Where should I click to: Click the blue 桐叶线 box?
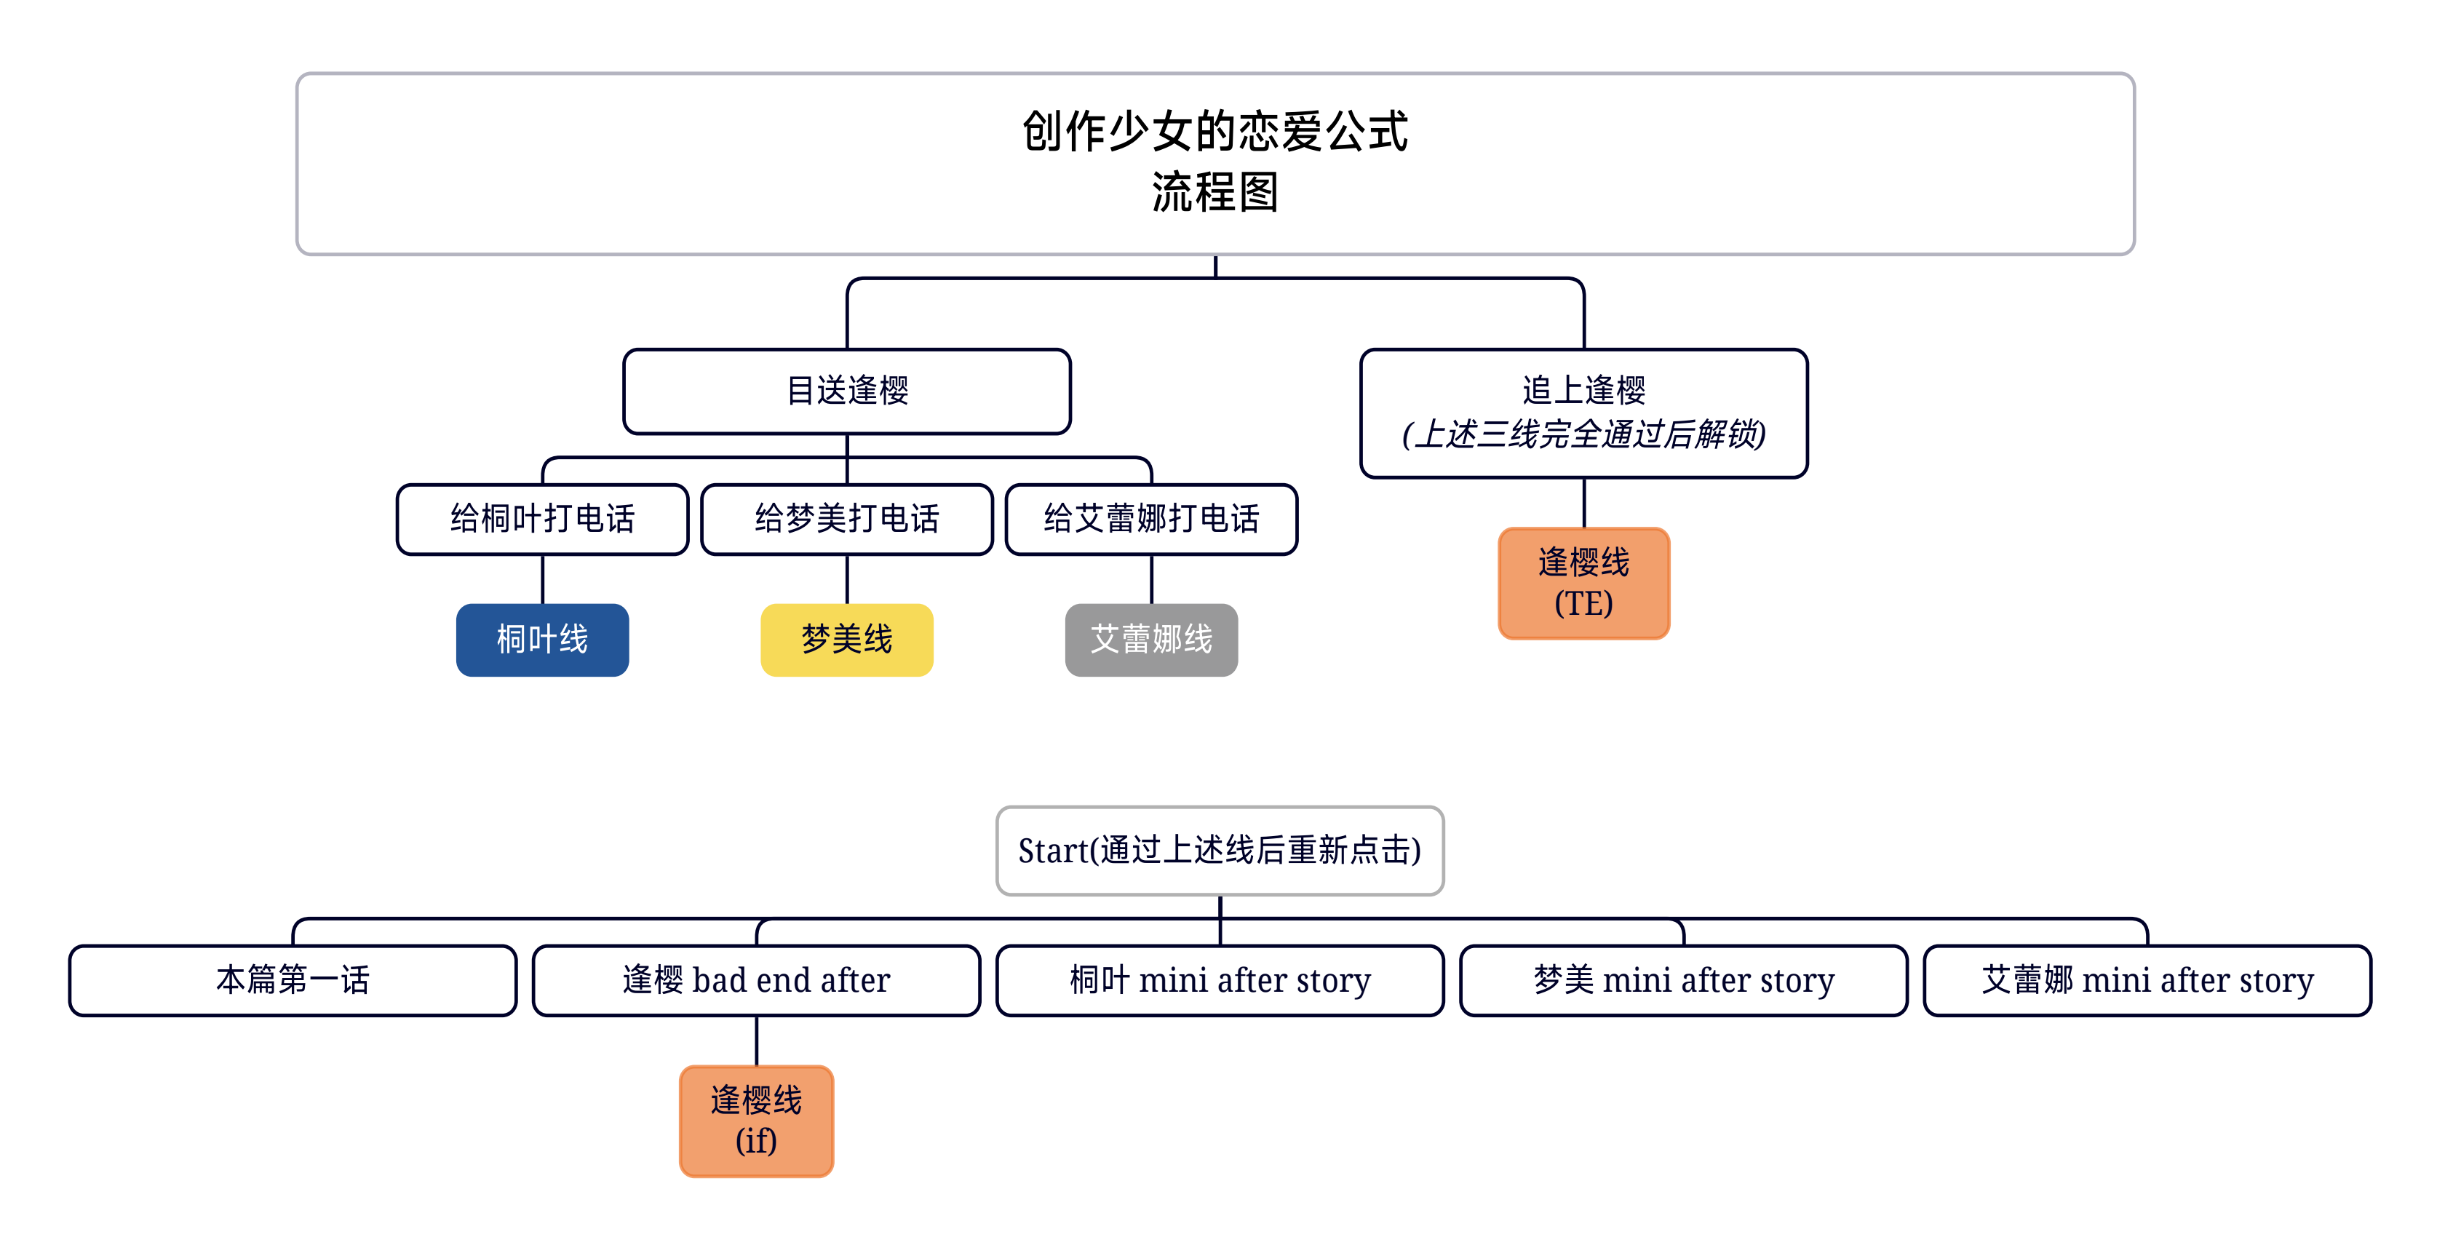(542, 640)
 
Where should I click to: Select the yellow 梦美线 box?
(846, 640)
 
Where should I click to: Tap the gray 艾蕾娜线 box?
(1151, 640)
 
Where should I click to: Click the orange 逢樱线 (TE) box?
(1583, 583)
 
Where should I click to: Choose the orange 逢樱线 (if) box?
(757, 1121)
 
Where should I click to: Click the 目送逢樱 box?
(846, 391)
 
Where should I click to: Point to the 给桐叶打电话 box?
(542, 520)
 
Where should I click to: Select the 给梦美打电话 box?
(846, 520)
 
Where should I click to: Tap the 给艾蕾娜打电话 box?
(1151, 520)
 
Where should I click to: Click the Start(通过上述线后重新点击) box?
(1220, 851)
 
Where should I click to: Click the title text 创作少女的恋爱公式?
(1215, 131)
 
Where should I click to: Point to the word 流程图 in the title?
(1215, 193)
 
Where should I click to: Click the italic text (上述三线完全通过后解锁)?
(1583, 434)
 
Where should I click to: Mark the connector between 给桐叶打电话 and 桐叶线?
(542, 579)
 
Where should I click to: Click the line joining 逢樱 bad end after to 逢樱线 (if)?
(757, 1041)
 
